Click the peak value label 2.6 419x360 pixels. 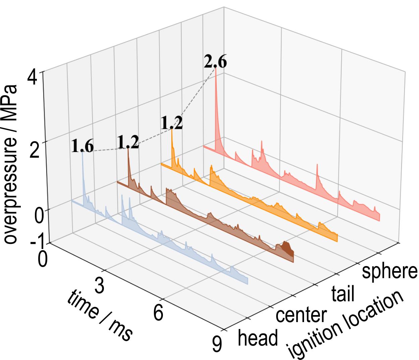(215, 63)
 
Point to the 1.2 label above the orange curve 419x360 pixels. (172, 123)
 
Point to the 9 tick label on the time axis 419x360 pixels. (218, 344)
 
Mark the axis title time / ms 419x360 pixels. (100, 316)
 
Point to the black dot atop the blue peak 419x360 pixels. (82, 152)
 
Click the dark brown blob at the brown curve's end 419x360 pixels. (287, 248)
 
